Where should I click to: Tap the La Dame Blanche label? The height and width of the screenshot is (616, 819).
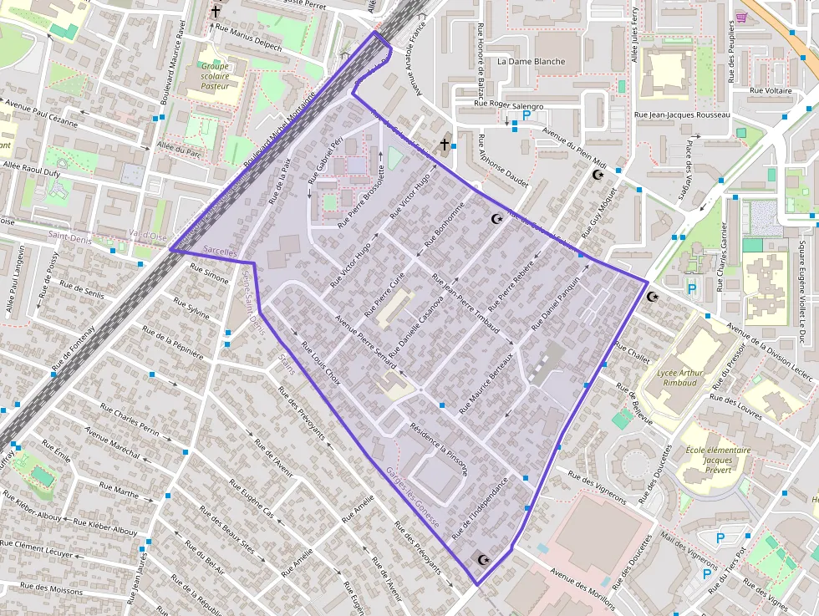pyautogui.click(x=531, y=62)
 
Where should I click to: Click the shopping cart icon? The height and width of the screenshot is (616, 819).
pyautogui.click(x=740, y=17)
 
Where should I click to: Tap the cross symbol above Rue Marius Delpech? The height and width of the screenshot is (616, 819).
pyautogui.click(x=216, y=12)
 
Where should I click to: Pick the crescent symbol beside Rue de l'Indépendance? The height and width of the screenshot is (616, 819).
pyautogui.click(x=482, y=558)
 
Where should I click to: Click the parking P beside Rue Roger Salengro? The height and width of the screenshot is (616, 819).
pyautogui.click(x=526, y=116)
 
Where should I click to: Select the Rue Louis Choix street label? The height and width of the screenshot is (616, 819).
pyautogui.click(x=321, y=360)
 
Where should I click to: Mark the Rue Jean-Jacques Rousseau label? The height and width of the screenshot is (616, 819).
pyautogui.click(x=683, y=115)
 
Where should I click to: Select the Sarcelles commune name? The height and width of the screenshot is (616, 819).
pyautogui.click(x=220, y=251)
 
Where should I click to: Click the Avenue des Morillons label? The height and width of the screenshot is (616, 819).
pyautogui.click(x=583, y=589)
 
